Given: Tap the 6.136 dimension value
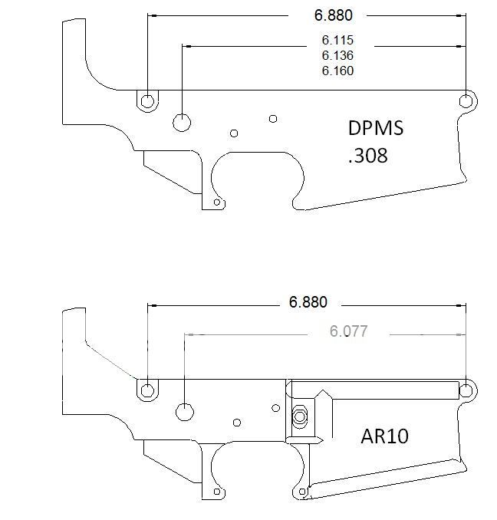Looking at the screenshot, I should pos(337,55).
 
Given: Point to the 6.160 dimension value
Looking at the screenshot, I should pos(337,71).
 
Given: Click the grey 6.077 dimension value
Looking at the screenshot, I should pos(348,331).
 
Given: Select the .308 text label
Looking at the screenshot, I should pos(367,156).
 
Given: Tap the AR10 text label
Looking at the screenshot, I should pos(384,436).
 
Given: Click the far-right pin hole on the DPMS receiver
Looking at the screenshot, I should pos(466,101).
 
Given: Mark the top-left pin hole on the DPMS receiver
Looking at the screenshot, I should pos(146,100).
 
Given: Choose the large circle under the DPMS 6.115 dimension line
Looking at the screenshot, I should pos(183,122).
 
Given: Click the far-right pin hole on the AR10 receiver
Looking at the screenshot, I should pos(466,390).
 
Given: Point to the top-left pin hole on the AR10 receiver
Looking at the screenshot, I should pos(146,390).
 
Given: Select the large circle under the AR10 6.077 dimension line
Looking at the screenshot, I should pos(185,411).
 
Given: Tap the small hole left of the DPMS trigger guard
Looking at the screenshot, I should pos(217,202).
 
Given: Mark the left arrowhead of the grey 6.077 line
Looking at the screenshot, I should pos(189,335).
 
